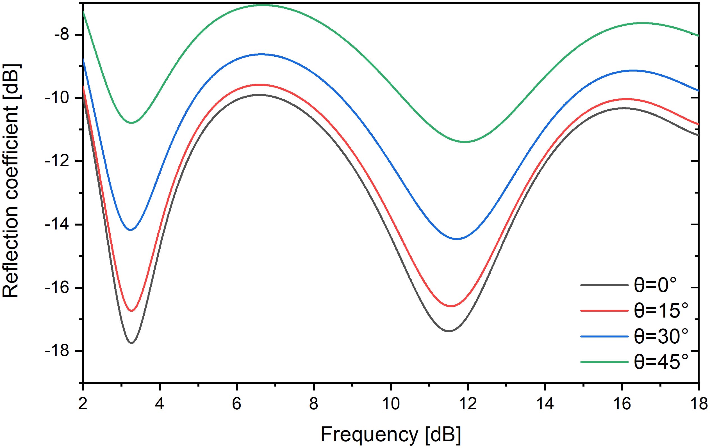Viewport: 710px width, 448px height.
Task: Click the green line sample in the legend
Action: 604,362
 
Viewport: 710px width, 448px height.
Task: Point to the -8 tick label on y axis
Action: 61,35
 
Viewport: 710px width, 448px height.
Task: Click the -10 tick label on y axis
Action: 57,98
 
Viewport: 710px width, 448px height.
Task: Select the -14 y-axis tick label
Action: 57,225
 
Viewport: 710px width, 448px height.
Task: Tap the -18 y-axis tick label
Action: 57,351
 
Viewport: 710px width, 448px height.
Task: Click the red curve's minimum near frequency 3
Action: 131,311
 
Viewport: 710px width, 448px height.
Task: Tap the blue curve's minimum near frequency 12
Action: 457,239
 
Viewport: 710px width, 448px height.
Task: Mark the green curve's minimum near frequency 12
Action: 465,142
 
